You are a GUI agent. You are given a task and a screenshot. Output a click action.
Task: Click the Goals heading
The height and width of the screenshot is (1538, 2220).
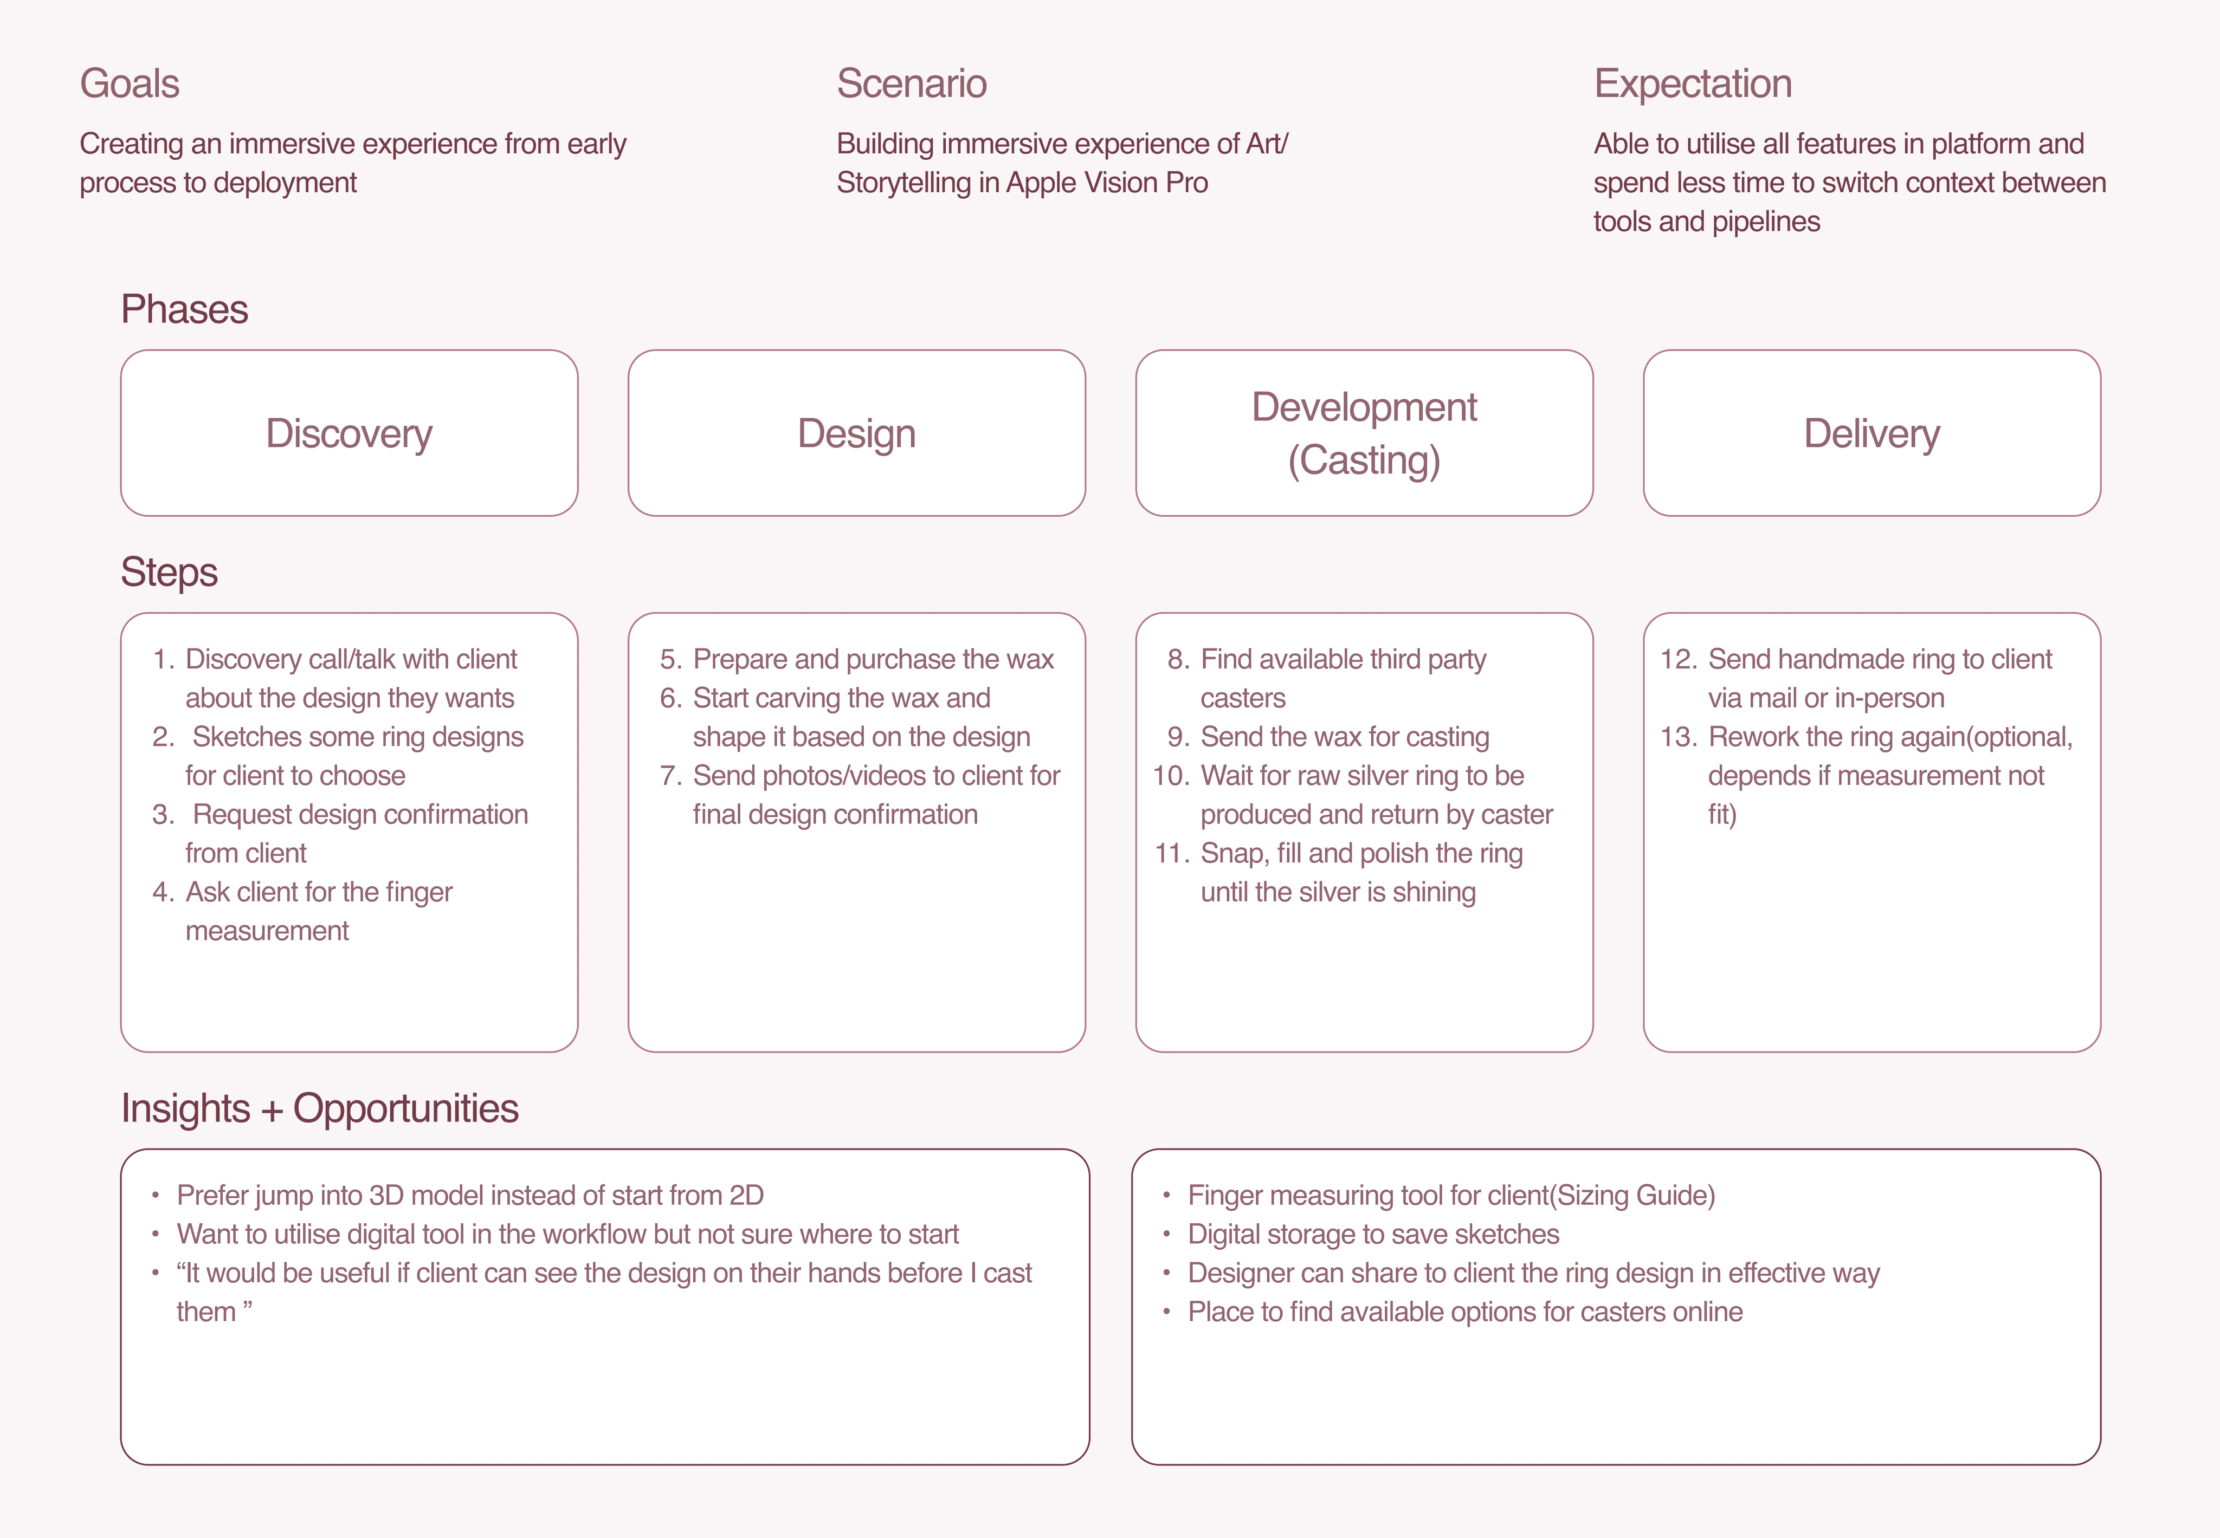point(129,84)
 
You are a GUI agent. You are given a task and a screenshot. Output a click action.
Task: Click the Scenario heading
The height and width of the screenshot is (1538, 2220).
point(911,84)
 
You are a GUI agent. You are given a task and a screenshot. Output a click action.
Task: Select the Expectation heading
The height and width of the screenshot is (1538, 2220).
point(1692,84)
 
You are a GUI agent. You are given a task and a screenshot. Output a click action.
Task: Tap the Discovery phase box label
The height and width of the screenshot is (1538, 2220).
point(349,433)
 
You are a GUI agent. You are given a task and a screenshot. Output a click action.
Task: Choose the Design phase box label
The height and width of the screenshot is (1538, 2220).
point(856,433)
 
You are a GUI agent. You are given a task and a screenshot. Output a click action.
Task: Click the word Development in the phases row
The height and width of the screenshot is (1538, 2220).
point(1364,407)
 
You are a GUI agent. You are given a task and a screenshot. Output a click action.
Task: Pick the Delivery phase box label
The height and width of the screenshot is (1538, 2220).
point(1871,433)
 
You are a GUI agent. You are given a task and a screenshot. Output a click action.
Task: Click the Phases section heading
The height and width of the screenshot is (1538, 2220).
point(184,309)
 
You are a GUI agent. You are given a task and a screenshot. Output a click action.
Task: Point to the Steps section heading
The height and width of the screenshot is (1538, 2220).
point(169,572)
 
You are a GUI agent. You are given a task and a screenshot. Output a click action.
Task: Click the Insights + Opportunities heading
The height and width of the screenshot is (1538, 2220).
point(319,1108)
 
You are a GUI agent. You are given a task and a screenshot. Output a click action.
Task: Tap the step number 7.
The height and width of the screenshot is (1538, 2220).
point(671,776)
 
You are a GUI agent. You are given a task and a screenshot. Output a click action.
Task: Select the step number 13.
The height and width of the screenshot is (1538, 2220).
point(1678,737)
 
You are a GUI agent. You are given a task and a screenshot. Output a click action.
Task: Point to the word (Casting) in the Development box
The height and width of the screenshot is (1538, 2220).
point(1364,460)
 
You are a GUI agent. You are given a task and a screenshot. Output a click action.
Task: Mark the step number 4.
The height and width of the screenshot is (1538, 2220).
point(163,892)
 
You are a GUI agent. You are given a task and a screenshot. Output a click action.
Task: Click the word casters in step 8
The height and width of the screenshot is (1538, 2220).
point(1243,698)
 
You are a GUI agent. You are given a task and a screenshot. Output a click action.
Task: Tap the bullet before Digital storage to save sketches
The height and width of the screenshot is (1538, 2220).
point(1166,1235)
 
